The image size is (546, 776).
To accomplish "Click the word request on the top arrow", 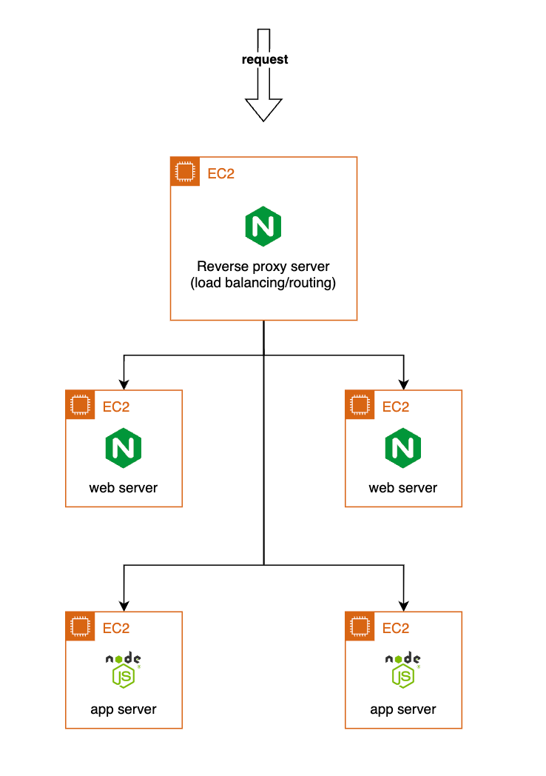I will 264,59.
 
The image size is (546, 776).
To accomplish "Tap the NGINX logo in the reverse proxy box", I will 263,227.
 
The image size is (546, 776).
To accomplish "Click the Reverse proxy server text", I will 263,267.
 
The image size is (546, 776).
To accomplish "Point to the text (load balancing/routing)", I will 263,284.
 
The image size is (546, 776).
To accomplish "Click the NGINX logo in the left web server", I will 124,447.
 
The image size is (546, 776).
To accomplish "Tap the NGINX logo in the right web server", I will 403,447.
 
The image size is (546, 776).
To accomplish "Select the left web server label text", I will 124,488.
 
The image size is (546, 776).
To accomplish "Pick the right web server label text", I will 403,488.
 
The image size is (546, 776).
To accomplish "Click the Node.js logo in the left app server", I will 124,669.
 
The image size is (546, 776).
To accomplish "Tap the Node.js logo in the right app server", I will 403,669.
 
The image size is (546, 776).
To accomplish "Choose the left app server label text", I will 124,709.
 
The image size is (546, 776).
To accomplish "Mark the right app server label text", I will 403,709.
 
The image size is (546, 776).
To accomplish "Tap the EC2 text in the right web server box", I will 396,407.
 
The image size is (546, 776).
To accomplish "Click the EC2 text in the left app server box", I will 116,628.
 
